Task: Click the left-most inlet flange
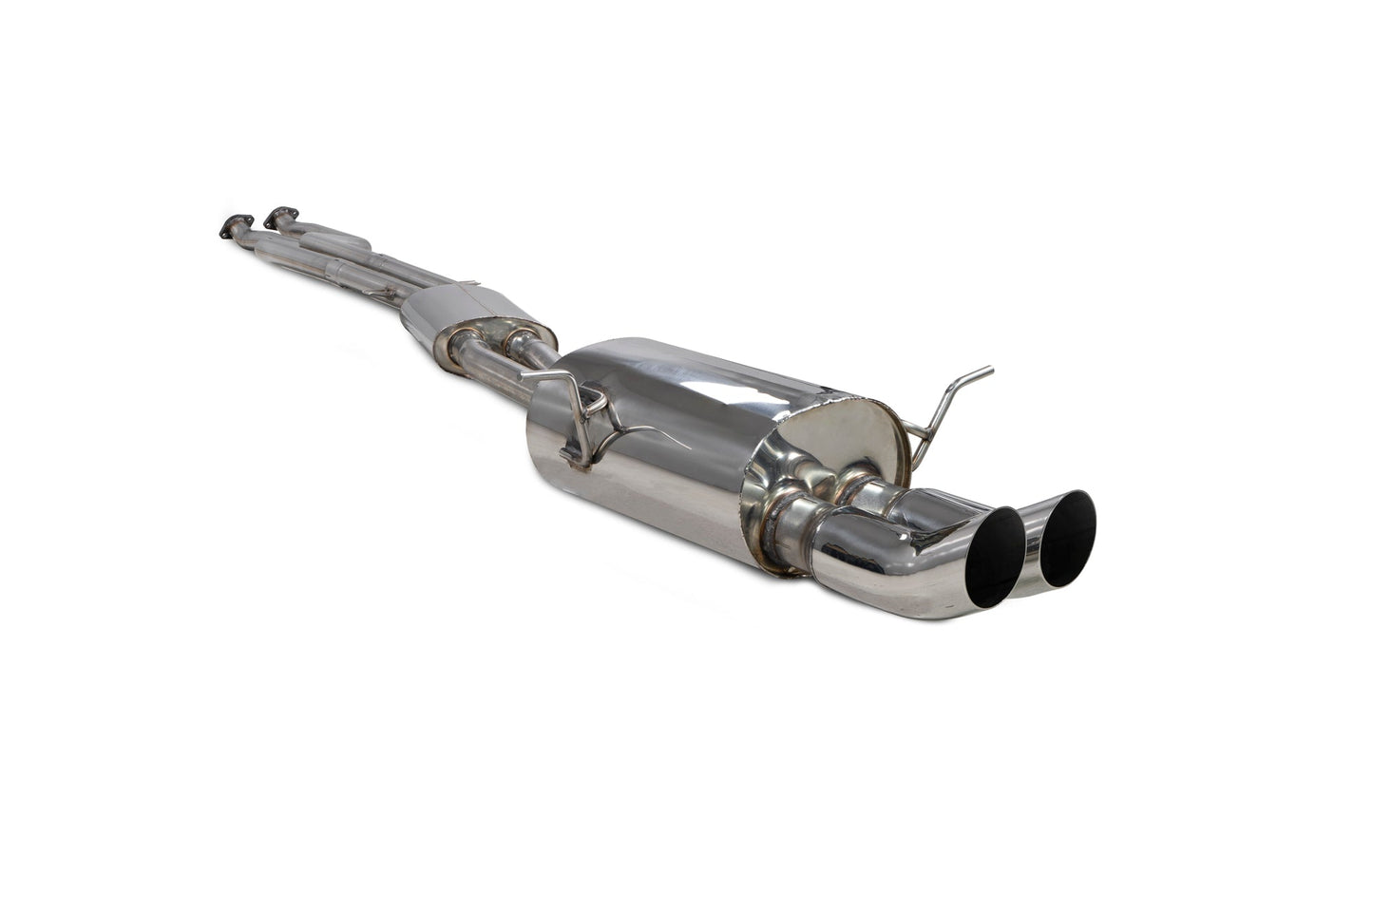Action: point(231,226)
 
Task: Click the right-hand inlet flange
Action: point(279,215)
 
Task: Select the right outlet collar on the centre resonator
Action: point(520,339)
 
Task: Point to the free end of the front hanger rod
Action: point(524,376)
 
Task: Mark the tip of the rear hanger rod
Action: point(990,369)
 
